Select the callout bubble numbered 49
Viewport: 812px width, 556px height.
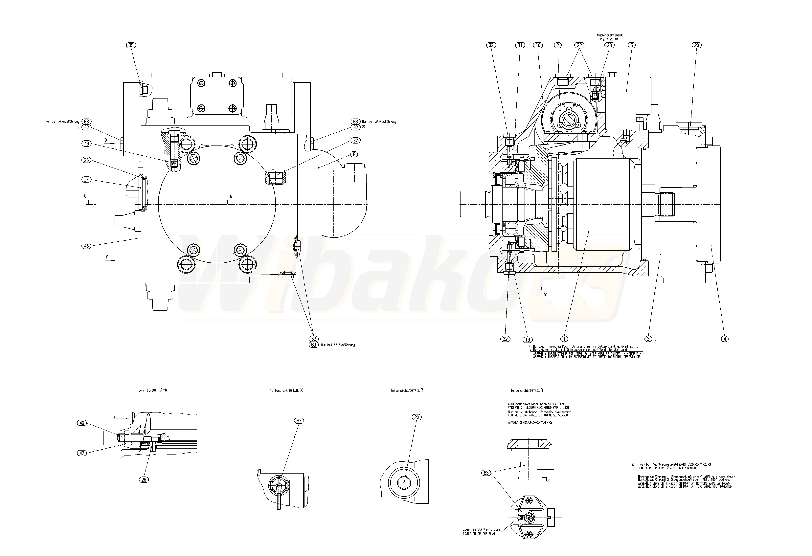click(x=86, y=144)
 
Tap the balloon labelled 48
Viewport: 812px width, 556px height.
click(x=86, y=246)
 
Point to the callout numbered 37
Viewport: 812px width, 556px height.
click(x=356, y=140)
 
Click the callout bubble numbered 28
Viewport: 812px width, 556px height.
click(x=609, y=45)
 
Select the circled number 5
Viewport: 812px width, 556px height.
click(x=631, y=45)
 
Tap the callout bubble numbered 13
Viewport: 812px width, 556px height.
click(x=527, y=340)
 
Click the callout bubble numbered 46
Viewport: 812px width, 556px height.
click(x=82, y=423)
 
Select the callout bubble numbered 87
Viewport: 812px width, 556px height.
click(x=299, y=421)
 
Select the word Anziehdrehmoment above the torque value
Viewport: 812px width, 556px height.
click(x=609, y=35)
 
